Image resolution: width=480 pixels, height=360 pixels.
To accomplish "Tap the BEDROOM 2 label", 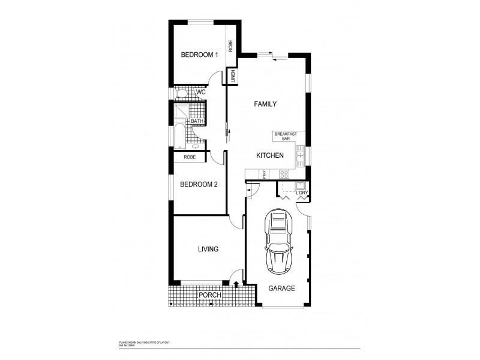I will click(199, 184).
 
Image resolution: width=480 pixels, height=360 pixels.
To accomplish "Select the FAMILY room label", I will click(265, 104).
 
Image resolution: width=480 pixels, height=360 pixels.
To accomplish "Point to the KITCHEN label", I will click(269, 155).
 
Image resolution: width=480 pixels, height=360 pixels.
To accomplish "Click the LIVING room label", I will click(208, 249).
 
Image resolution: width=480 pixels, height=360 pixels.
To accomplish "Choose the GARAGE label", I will click(281, 289).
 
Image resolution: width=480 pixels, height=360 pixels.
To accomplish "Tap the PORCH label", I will click(209, 295).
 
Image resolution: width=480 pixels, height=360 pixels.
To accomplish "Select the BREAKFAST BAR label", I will click(286, 136).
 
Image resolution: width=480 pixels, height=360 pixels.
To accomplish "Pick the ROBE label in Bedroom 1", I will click(230, 46).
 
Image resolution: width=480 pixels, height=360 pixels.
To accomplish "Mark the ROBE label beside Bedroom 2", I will click(190, 157).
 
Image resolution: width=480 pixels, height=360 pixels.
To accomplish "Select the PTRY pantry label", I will click(265, 174).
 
